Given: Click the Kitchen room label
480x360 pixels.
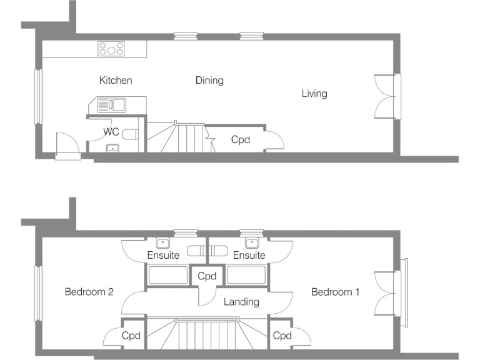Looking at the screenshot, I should (116, 81).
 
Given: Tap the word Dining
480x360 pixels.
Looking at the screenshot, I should (209, 81).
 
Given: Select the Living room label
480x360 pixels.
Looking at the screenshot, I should (314, 94).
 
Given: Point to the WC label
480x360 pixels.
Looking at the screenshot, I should (111, 132).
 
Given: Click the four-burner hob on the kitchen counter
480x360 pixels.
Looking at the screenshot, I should (111, 49).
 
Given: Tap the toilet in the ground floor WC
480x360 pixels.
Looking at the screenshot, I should (130, 134).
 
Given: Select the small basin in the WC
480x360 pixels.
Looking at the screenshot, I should (112, 148).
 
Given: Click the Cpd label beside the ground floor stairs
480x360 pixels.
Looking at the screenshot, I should (241, 140).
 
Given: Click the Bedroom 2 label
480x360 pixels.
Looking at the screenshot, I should (89, 292).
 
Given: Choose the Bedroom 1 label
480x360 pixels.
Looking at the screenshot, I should (336, 292).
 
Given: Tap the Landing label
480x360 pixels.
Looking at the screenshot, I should (241, 302).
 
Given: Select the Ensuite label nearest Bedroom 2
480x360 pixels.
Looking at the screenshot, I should (163, 255).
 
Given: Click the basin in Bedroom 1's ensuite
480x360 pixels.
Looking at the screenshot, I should (252, 242).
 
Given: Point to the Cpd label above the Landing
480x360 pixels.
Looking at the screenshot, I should (207, 276).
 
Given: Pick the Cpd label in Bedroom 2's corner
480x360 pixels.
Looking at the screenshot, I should (131, 336).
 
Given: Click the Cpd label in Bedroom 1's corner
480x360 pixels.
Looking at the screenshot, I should (282, 336).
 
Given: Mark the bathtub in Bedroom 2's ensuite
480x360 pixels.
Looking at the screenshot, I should (167, 276).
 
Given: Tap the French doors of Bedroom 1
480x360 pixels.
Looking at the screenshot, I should (385, 292).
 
